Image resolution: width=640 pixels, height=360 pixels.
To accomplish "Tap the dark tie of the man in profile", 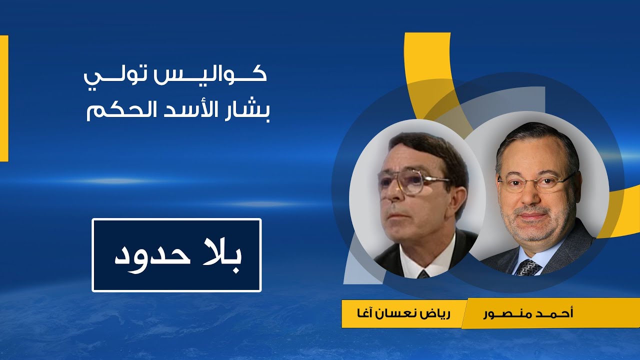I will click(x=423, y=274).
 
